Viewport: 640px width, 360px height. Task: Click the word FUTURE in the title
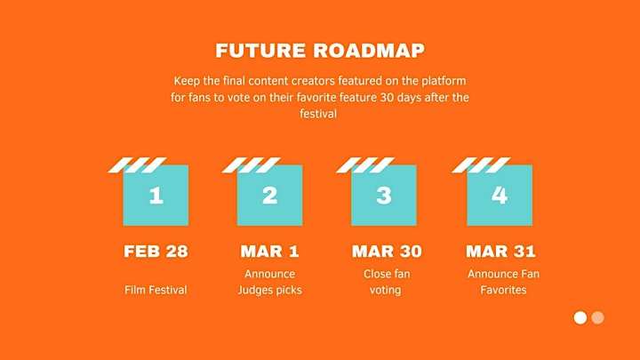click(260, 51)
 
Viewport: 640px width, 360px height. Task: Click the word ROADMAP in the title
click(369, 51)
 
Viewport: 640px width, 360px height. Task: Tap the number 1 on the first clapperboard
click(156, 196)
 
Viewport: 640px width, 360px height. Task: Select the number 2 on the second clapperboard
click(270, 196)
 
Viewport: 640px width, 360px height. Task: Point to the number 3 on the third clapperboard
click(384, 196)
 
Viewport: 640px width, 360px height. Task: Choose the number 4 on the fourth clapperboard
click(500, 196)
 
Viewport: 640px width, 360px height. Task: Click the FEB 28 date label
click(156, 252)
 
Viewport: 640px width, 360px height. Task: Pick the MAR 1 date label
click(270, 252)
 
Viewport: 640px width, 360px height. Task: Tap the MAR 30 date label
click(387, 252)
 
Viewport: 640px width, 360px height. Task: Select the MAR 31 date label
click(500, 252)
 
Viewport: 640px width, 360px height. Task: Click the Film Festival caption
click(156, 290)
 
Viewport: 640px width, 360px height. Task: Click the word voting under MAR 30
click(385, 290)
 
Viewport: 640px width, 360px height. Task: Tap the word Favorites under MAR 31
click(503, 290)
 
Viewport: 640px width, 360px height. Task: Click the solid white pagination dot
click(580, 317)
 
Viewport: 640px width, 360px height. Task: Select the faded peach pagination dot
click(597, 317)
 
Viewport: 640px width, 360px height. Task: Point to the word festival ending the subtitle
click(318, 114)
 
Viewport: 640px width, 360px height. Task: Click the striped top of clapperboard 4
click(481, 165)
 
